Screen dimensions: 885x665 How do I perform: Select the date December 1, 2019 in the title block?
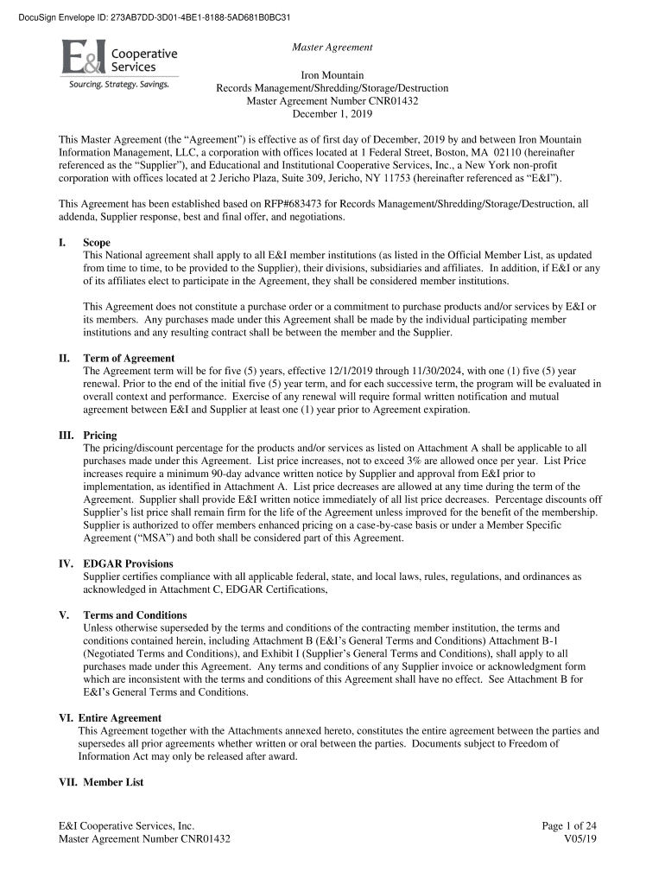click(332, 114)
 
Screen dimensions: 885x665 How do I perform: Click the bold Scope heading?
click(96, 243)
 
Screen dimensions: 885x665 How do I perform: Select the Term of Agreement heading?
click(129, 358)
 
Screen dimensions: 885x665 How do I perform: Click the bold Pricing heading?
click(100, 436)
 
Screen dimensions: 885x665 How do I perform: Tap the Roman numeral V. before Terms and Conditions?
click(64, 615)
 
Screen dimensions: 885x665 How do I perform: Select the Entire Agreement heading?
click(119, 718)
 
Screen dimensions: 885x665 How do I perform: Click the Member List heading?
click(113, 782)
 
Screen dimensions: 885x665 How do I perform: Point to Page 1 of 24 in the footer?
click(569, 826)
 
